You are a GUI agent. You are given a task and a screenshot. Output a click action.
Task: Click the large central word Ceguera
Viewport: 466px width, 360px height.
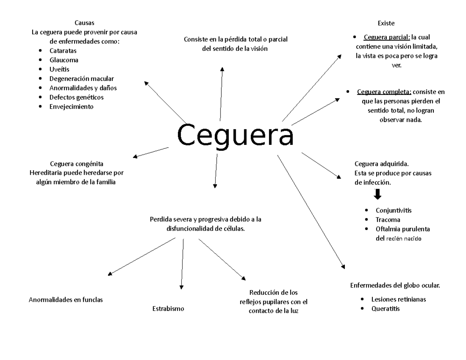235,134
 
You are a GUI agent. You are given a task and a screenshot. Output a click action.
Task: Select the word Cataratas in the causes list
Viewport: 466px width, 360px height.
63,51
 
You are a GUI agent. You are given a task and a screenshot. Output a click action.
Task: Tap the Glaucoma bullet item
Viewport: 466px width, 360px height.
64,60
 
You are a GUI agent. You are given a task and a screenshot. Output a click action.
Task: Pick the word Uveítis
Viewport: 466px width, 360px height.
59,70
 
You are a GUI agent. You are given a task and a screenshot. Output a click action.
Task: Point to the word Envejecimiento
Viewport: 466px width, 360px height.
71,107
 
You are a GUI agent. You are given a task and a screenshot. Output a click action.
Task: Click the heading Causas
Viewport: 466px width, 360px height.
84,23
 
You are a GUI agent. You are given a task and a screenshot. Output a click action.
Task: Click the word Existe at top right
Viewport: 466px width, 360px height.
386,23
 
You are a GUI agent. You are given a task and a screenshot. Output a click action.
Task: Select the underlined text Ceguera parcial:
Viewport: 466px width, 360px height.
387,37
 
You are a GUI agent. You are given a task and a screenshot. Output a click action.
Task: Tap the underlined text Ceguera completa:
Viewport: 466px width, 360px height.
384,92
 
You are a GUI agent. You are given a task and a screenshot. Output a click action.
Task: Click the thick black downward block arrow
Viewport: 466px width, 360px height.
377,194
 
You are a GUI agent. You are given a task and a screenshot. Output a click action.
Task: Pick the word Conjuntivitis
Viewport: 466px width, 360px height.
393,210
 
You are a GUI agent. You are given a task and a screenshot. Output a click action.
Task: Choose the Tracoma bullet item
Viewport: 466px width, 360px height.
388,220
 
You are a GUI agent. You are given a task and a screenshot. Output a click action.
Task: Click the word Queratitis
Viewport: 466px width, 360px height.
385,309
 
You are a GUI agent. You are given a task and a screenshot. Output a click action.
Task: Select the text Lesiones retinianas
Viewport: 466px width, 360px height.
398,299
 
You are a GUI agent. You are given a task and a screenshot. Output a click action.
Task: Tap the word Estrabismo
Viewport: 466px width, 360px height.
168,309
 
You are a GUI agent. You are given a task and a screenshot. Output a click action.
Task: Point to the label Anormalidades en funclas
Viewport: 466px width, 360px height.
66,300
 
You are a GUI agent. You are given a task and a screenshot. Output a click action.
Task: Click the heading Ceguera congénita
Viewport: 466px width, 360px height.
77,163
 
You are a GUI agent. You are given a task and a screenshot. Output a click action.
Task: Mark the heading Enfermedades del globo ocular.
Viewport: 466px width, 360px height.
395,285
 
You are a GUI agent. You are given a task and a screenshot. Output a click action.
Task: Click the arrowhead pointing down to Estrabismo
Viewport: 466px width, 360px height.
181,287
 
